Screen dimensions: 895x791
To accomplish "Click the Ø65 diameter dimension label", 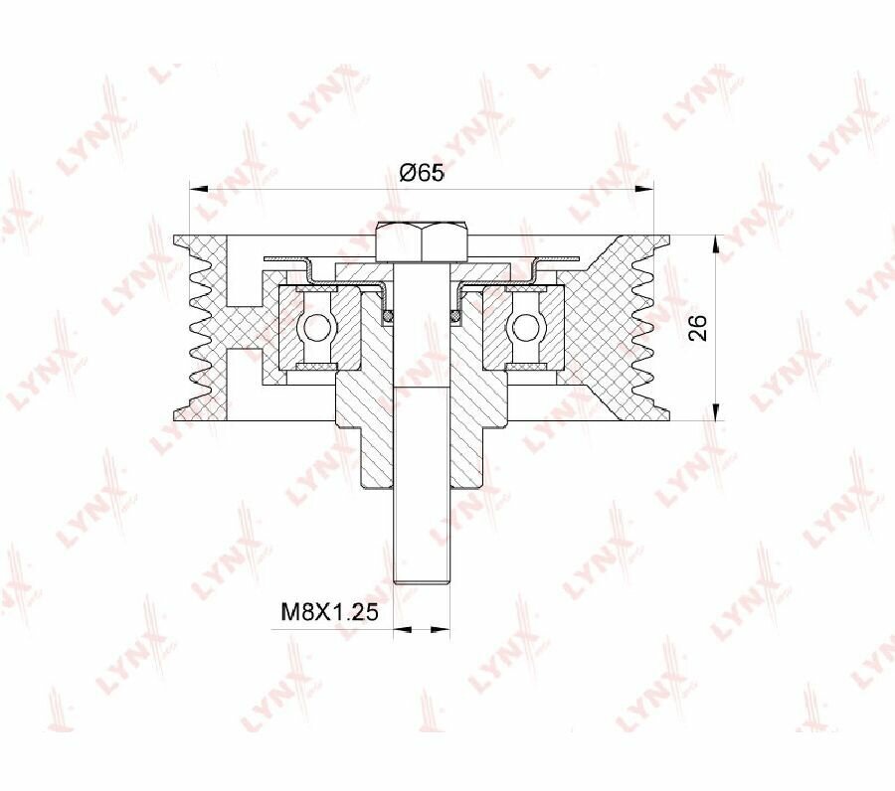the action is (x=422, y=173).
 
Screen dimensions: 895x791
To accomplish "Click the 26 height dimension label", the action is (x=698, y=327).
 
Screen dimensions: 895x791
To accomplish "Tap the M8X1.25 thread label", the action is (x=330, y=612).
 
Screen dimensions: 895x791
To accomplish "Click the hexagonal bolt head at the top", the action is (x=422, y=241).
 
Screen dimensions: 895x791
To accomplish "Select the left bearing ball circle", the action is (x=314, y=327).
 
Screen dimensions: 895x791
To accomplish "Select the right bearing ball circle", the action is (x=523, y=327).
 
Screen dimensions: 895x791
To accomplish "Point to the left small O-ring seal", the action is (x=388, y=315).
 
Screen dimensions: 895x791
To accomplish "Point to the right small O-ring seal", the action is (x=455, y=315).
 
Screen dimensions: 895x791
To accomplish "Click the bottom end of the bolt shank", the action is (x=422, y=582).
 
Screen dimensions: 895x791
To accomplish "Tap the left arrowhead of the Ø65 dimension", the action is (x=198, y=188).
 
